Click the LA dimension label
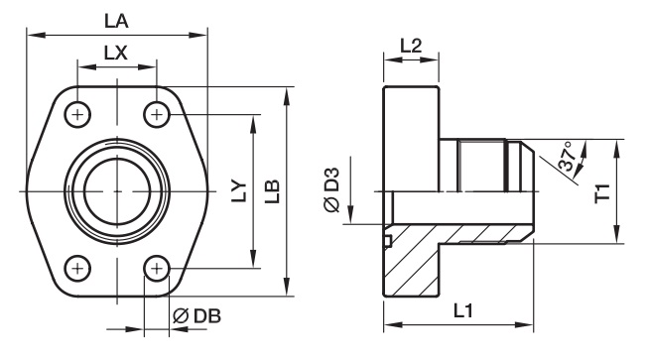(116, 21)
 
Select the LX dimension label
(116, 53)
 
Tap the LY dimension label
(239, 191)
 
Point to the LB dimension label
(272, 191)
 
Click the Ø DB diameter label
(196, 316)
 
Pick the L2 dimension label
(411, 46)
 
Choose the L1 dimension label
(462, 310)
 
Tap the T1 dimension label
(602, 192)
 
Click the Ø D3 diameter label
(331, 189)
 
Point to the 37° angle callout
(567, 157)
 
